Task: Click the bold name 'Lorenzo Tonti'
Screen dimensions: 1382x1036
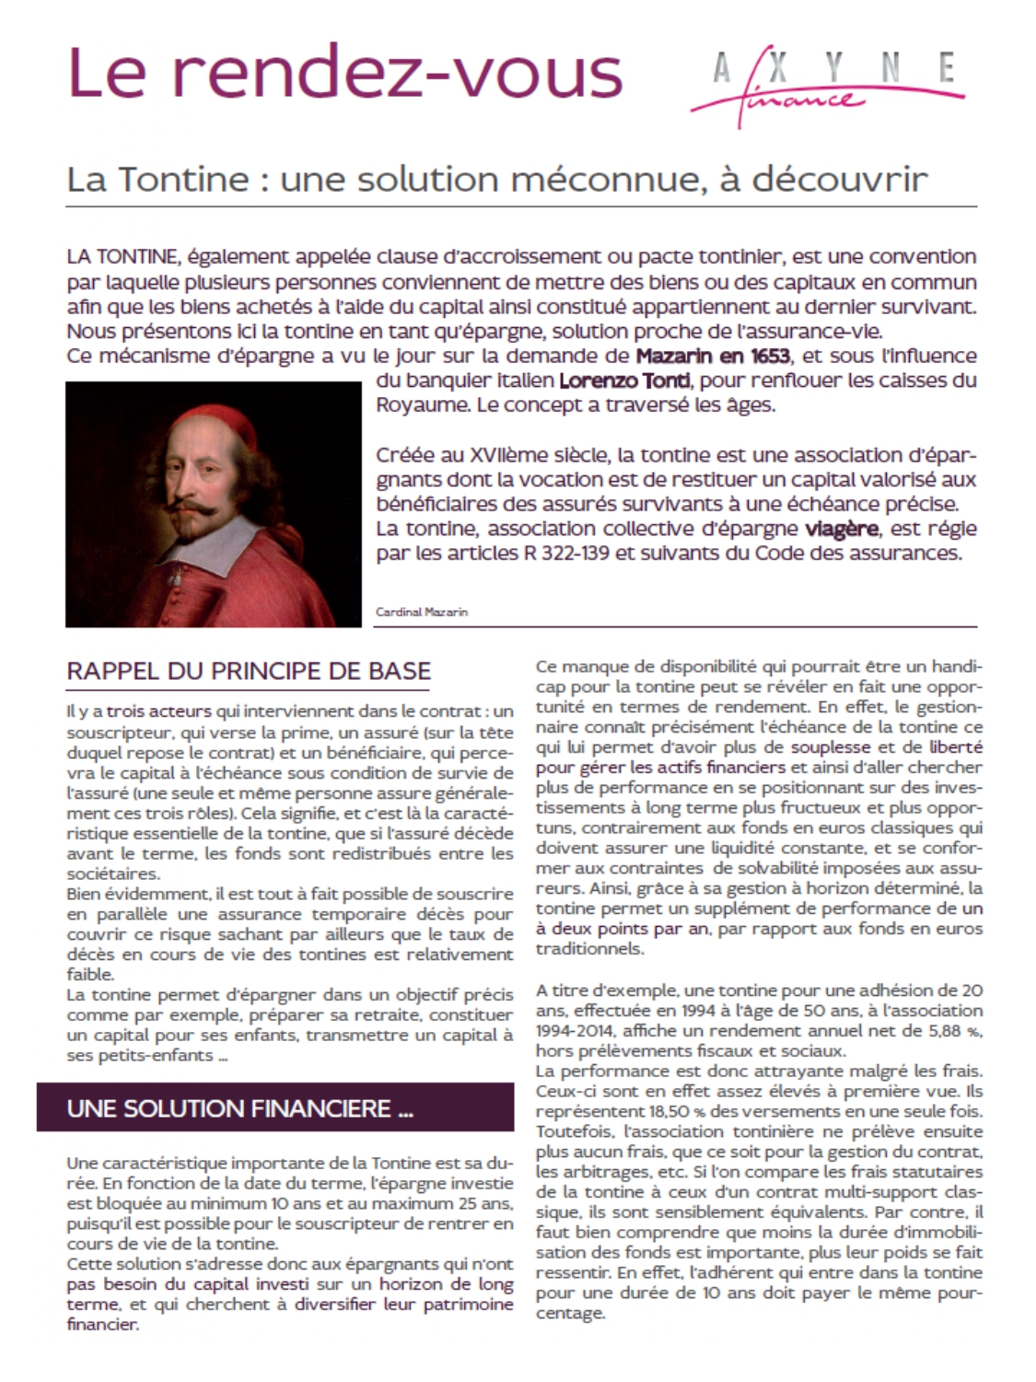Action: click(618, 381)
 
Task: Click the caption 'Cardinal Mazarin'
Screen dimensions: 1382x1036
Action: click(422, 612)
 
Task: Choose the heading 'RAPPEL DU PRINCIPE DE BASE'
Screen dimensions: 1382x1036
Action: click(249, 671)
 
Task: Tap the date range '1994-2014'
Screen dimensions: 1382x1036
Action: click(576, 1031)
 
